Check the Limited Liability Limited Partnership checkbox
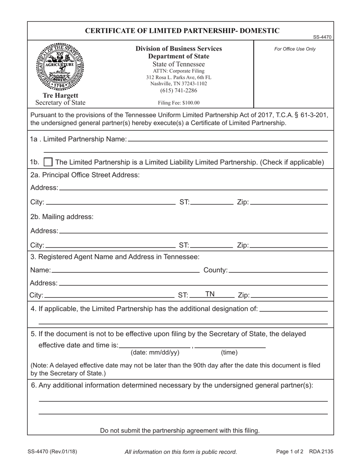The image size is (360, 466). coord(48,162)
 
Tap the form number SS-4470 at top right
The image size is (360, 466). coord(322,37)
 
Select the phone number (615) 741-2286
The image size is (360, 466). coord(178,91)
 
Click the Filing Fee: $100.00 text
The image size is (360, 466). coord(178,103)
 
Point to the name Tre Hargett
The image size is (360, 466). coord(60,95)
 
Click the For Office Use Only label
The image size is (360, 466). coord(294,49)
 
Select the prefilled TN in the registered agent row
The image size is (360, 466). coord(210,294)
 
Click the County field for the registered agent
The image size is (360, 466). coord(278,270)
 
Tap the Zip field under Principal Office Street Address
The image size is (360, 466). coord(289,202)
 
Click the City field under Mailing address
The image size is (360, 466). coord(110,245)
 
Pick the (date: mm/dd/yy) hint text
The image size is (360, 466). coord(155,353)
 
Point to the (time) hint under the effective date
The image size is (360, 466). coord(229,353)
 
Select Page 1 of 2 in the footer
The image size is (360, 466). coord(290,451)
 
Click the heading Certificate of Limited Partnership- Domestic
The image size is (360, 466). coord(182,31)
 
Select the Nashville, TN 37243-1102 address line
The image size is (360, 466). coord(178,84)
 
